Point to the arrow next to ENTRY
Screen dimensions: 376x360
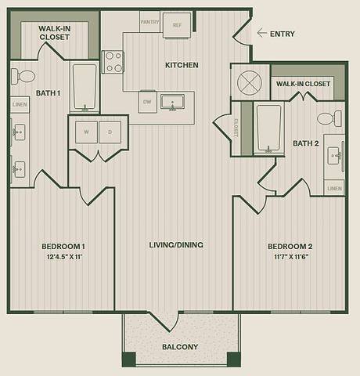pyautogui.click(x=261, y=34)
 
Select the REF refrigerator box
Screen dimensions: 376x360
pyautogui.click(x=176, y=25)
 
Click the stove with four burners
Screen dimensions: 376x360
pyautogui.click(x=113, y=61)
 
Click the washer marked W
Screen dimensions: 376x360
pyautogui.click(x=85, y=132)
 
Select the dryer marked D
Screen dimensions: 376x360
pyautogui.click(x=110, y=132)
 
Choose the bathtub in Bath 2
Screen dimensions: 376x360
pyautogui.click(x=268, y=126)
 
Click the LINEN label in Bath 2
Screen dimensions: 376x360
pyautogui.click(x=334, y=189)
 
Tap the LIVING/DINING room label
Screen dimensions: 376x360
pyautogui.click(x=176, y=245)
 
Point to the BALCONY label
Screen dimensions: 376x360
pyautogui.click(x=180, y=346)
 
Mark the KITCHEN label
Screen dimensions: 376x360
pyautogui.click(x=181, y=65)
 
